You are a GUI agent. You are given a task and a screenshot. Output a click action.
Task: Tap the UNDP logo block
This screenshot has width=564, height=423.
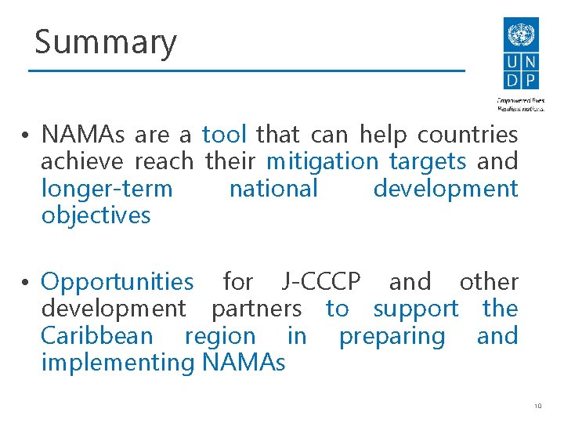[x=520, y=55]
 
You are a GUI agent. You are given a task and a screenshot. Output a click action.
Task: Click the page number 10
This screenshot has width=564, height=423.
[x=537, y=405]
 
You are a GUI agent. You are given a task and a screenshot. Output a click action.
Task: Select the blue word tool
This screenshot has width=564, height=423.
[x=225, y=135]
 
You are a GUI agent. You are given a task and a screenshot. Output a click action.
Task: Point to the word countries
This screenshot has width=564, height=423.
[x=467, y=135]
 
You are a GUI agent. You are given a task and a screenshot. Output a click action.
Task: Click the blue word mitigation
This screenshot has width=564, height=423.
[x=322, y=162]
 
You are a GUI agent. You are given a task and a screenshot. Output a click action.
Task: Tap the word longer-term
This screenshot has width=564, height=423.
[x=107, y=189]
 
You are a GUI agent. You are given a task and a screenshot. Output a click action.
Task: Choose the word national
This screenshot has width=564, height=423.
[x=273, y=189]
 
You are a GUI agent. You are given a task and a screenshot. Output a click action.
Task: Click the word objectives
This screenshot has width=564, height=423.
[x=95, y=215]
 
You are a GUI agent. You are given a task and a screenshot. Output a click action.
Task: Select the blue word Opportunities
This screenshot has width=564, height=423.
[x=117, y=282]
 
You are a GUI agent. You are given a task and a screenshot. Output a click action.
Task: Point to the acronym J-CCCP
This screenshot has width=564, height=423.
[x=320, y=282]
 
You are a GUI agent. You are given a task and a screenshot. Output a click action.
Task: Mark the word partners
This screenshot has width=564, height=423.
[x=256, y=309]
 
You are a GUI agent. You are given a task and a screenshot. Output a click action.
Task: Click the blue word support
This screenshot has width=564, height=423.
[x=416, y=309]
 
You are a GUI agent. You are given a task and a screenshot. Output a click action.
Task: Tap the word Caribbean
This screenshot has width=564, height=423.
[x=97, y=336]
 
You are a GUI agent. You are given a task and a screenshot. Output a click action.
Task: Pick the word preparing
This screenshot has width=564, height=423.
[x=392, y=336]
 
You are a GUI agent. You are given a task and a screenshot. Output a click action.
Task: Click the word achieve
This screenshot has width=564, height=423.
[x=82, y=162]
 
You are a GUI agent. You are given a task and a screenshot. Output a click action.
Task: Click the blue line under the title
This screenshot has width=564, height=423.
[x=246, y=71]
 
